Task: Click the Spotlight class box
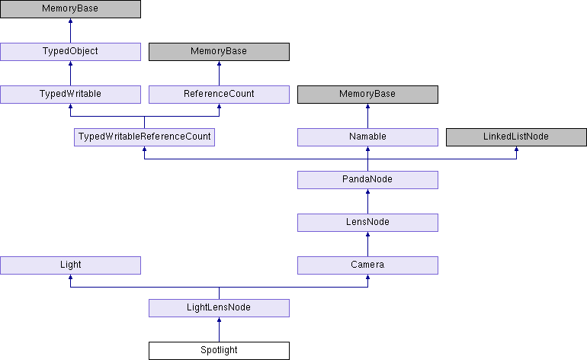[219, 351]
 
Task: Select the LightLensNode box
[219, 308]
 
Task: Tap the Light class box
[70, 265]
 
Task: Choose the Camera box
[367, 265]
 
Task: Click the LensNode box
[367, 222]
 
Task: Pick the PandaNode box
[367, 179]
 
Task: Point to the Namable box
[367, 137]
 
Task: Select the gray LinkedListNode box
[516, 137]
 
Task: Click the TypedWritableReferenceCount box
[144, 137]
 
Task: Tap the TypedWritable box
[70, 94]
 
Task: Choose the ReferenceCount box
[219, 94]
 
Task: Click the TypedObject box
[70, 51]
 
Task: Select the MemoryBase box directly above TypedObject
[70, 9]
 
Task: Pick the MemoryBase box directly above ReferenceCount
[219, 51]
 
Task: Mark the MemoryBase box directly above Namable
[367, 94]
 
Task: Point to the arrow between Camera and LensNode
[367, 243]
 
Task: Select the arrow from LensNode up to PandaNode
[367, 201]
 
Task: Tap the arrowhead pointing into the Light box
[70, 278]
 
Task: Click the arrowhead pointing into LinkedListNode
[516, 150]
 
